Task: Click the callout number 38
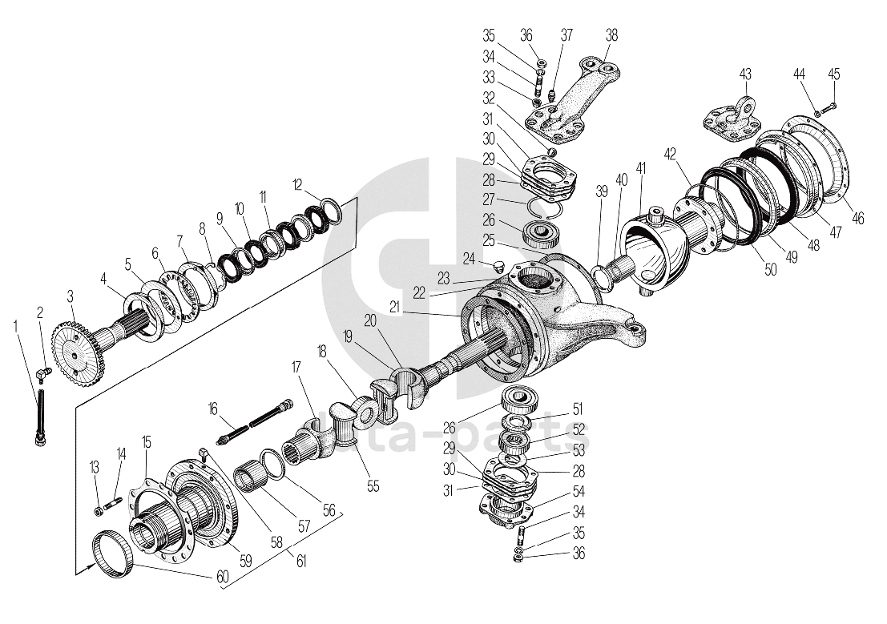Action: tap(612, 35)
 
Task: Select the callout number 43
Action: tap(745, 74)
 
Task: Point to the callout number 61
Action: tap(301, 562)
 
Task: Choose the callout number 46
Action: tap(858, 218)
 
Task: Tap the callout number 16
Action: tap(212, 409)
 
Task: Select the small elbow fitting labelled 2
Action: tap(45, 372)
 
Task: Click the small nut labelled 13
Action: tap(98, 509)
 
